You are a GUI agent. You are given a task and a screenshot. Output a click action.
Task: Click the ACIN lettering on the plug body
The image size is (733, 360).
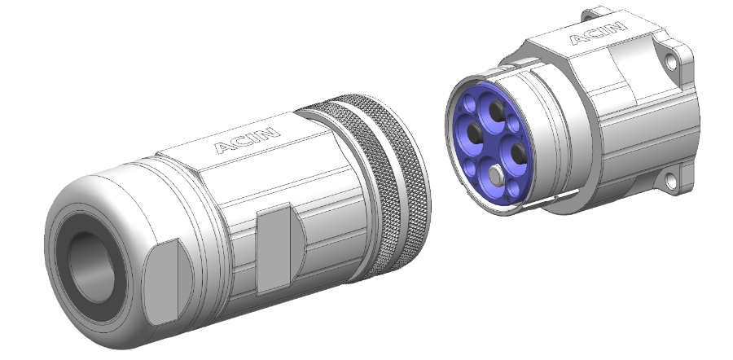(248, 140)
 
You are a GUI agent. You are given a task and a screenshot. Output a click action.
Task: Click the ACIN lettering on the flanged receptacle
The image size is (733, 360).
(599, 33)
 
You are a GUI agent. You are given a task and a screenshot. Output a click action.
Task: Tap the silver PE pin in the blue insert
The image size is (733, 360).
(495, 175)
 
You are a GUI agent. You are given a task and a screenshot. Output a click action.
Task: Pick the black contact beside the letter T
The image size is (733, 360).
(518, 153)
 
